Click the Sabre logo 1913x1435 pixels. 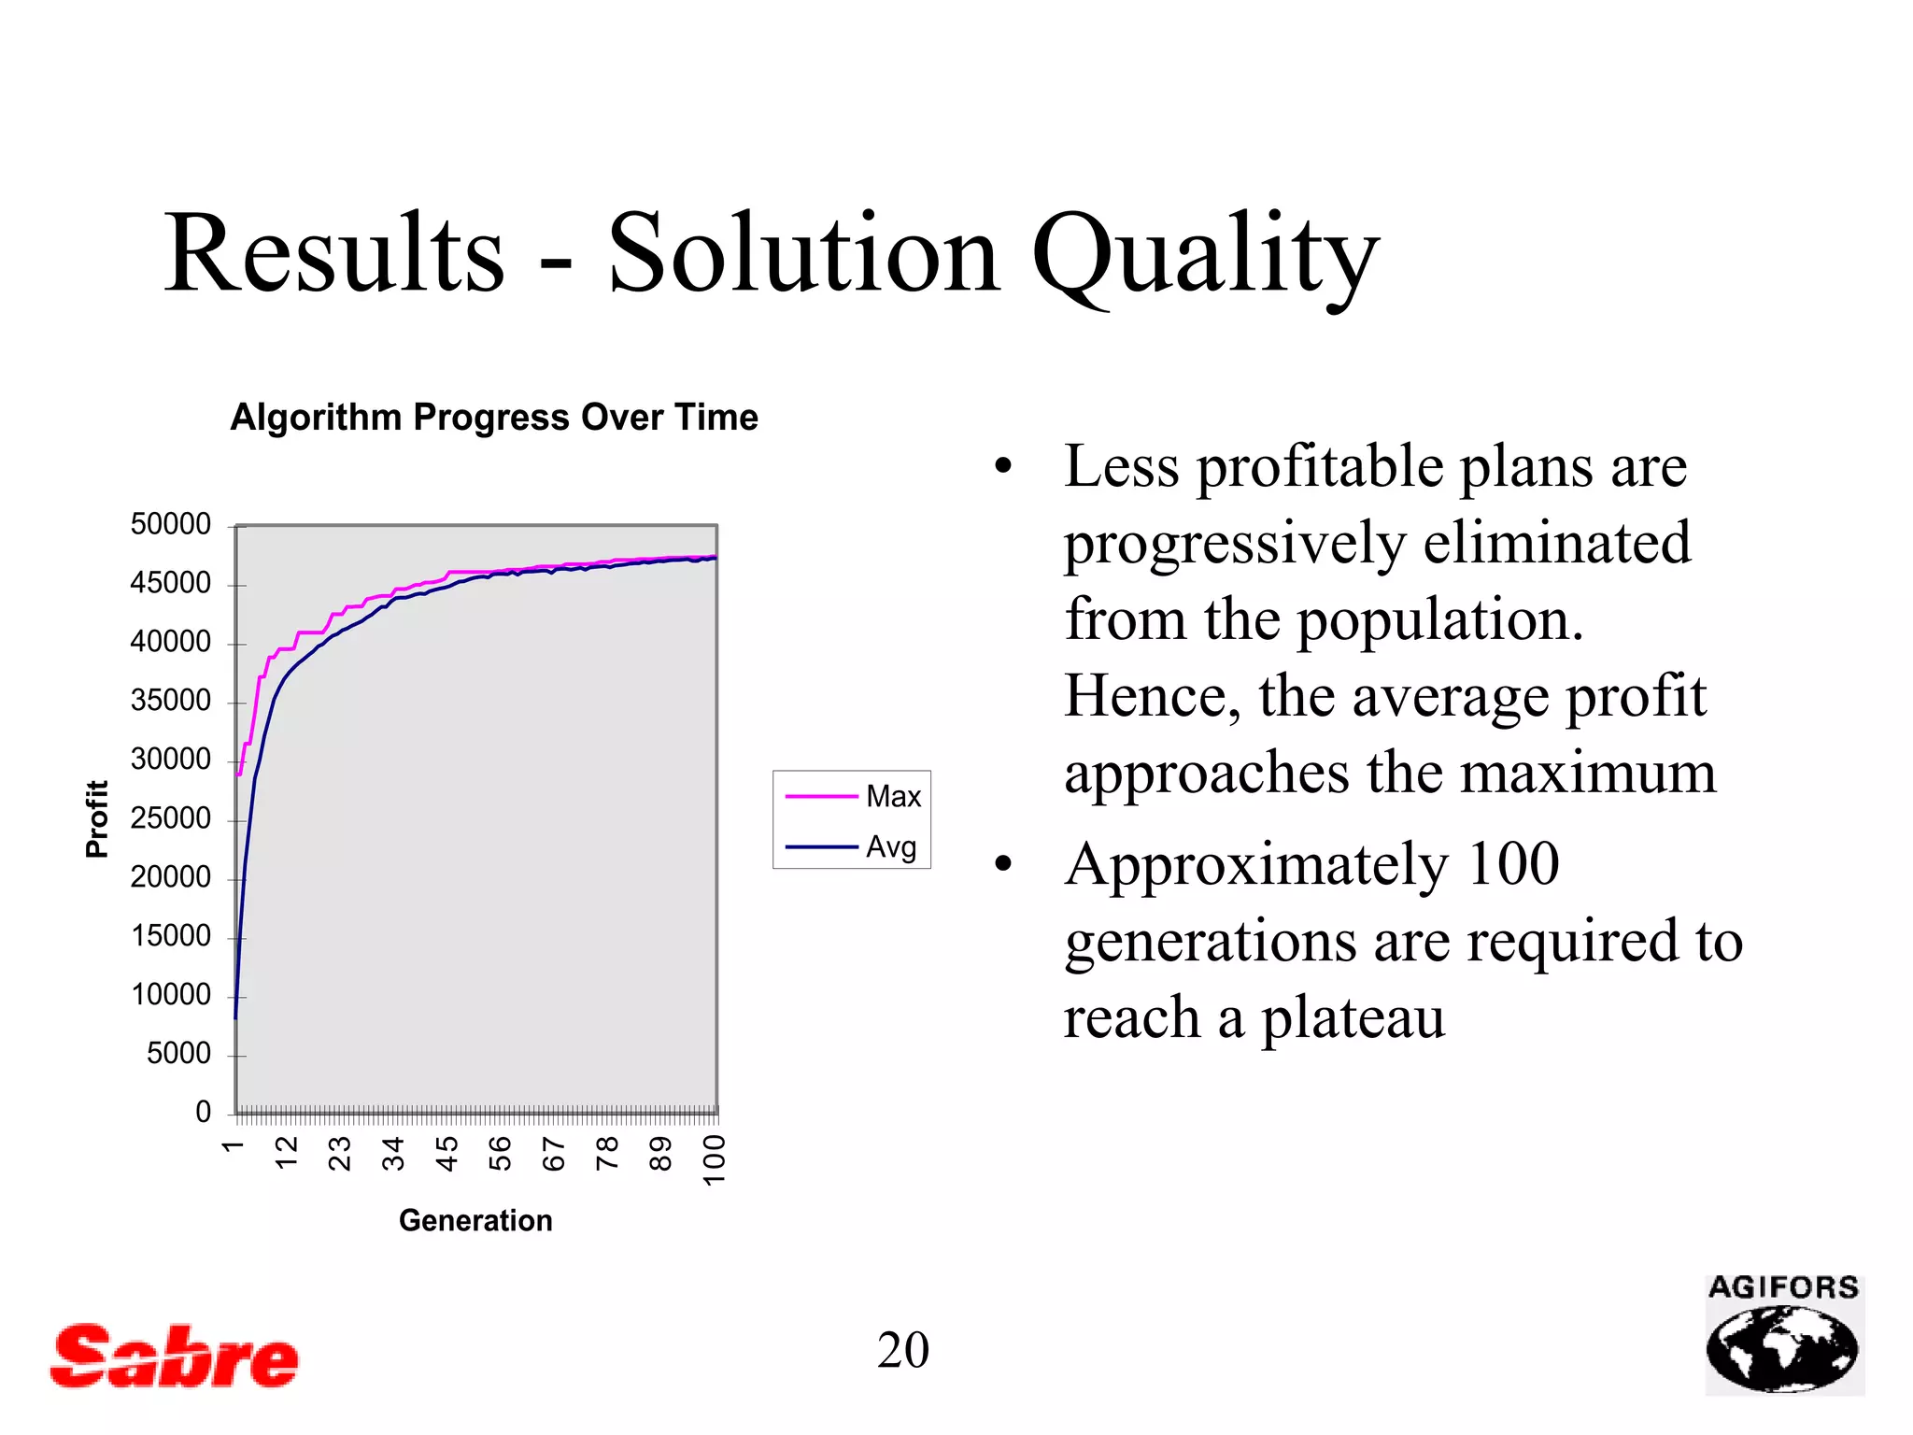(174, 1356)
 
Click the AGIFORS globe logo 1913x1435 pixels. (1783, 1337)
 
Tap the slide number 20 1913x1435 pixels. (902, 1350)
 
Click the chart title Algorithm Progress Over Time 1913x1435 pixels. (494, 417)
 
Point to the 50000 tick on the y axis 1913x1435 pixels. (170, 524)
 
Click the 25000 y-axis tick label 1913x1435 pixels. (170, 818)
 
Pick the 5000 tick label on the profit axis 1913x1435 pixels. (178, 1054)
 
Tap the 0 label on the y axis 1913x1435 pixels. (203, 1112)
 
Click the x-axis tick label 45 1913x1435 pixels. (447, 1154)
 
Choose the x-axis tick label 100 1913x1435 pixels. (715, 1159)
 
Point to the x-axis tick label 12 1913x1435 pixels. (287, 1154)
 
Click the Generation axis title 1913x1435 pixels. (475, 1220)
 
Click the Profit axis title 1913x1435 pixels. (97, 818)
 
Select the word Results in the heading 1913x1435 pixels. (334, 254)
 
